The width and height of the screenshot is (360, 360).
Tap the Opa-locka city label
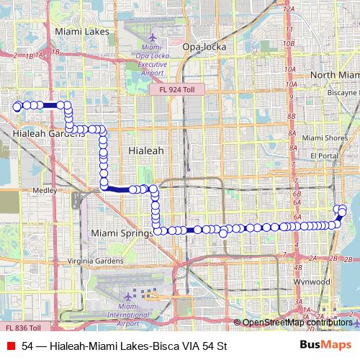click(204, 47)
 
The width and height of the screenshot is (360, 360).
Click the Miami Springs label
click(122, 233)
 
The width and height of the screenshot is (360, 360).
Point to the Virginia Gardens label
click(94, 261)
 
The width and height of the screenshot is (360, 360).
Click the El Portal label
click(324, 156)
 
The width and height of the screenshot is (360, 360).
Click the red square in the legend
click(11, 346)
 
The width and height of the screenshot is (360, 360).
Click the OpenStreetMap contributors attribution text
click(297, 322)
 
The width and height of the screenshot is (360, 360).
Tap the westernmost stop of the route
click(17, 106)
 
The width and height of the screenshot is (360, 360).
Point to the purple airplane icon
click(128, 296)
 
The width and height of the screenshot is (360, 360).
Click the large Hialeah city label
click(145, 151)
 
